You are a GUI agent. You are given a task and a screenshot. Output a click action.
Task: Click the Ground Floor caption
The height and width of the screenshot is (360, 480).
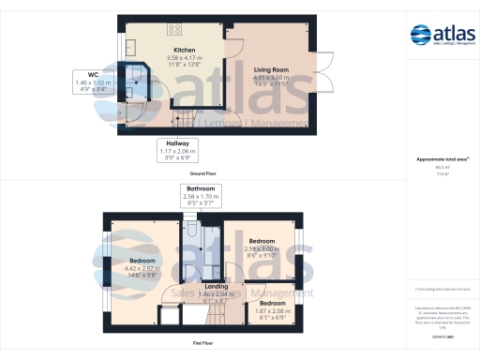pos(204,174)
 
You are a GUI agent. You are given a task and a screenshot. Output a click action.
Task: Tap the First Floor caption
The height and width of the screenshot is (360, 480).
pos(204,344)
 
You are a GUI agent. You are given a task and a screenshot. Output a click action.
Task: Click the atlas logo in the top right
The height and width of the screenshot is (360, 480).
pos(442,37)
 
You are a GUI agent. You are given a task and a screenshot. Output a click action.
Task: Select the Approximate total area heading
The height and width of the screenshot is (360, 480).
pos(441,159)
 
